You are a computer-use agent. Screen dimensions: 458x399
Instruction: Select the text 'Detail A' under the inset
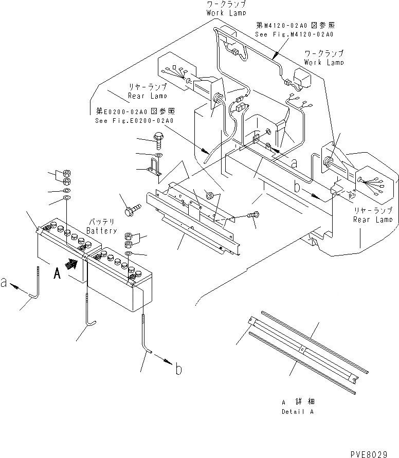[298, 412]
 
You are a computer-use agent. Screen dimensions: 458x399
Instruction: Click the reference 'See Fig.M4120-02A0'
[294, 34]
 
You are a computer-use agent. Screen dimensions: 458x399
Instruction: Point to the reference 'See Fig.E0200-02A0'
[135, 121]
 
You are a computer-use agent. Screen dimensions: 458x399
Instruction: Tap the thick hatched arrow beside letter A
[74, 264]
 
